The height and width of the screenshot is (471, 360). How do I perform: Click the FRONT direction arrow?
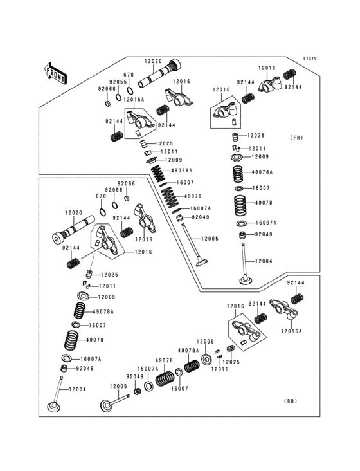pyautogui.click(x=56, y=71)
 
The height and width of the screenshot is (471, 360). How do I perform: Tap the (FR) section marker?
pyautogui.click(x=296, y=138)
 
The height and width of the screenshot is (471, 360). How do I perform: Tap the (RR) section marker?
pyautogui.click(x=290, y=400)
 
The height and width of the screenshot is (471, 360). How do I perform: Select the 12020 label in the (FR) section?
pyautogui.click(x=153, y=61)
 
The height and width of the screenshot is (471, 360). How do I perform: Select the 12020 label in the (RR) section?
pyautogui.click(x=73, y=212)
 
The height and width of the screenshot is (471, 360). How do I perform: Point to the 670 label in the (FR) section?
pyautogui.click(x=128, y=75)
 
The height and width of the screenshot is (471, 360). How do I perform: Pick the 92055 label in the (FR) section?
pyautogui.click(x=116, y=82)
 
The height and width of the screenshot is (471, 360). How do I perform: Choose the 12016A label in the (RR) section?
pyautogui.click(x=290, y=331)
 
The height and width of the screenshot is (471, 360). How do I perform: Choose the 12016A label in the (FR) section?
pyautogui.click(x=134, y=100)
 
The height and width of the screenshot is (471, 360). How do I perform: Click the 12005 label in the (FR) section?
pyautogui.click(x=210, y=239)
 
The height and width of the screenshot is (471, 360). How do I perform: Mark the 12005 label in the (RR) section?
pyautogui.click(x=118, y=386)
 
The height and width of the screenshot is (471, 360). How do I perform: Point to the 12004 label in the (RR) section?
pyautogui.click(x=77, y=390)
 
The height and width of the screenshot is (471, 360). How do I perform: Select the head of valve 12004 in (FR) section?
pyautogui.click(x=244, y=281)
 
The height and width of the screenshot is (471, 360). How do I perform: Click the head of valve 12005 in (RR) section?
pyautogui.click(x=105, y=406)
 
